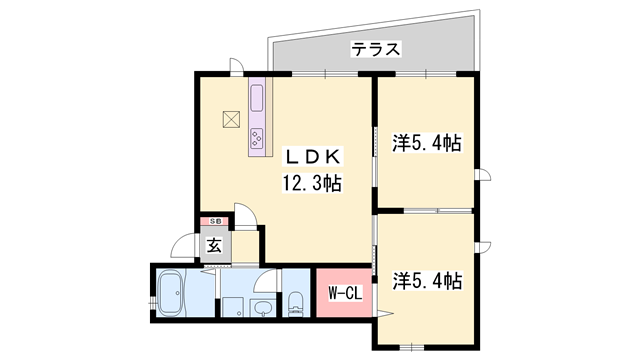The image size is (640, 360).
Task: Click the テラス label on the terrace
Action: (x=376, y=49)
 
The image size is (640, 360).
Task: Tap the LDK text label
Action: (x=313, y=157)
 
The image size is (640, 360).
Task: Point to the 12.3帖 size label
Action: (x=312, y=183)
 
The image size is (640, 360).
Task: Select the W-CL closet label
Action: (x=345, y=293)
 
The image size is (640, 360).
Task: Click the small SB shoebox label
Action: (x=216, y=221)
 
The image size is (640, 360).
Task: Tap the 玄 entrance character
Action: (x=215, y=245)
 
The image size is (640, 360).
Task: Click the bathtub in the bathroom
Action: (x=171, y=293)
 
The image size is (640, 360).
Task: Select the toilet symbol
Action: (x=295, y=304)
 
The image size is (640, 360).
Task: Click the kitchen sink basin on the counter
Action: (x=257, y=97)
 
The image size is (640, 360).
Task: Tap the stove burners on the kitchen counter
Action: (x=257, y=137)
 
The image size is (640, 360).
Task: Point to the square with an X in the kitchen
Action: (x=231, y=120)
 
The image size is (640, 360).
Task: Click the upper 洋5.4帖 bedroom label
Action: (x=427, y=143)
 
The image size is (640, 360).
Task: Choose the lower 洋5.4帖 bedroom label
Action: (x=427, y=281)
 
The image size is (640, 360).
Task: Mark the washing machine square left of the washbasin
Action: (x=233, y=307)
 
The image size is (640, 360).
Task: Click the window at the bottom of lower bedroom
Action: (x=412, y=347)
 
